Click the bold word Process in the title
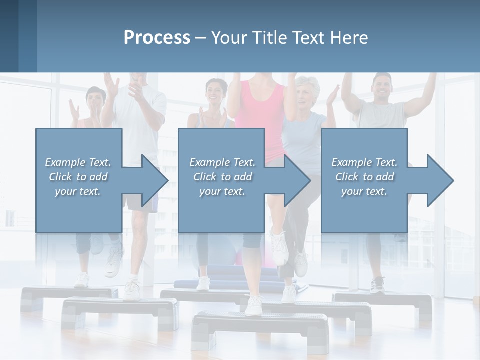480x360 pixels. click(157, 37)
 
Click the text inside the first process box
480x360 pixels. click(78, 177)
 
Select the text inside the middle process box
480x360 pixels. click(222, 177)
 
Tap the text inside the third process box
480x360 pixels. click(364, 177)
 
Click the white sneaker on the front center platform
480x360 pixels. click(254, 305)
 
